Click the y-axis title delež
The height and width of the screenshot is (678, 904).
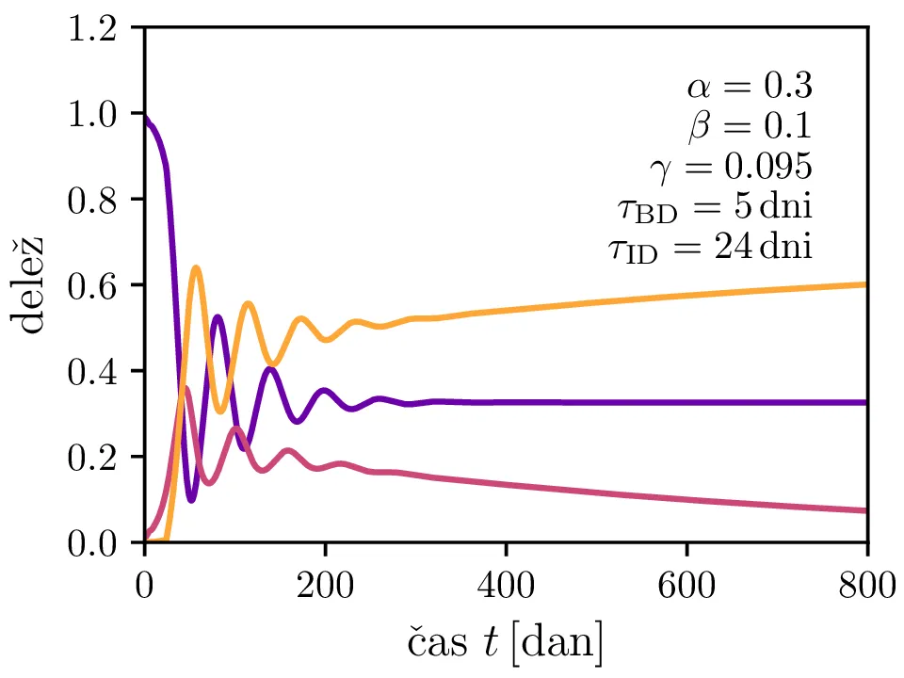32,285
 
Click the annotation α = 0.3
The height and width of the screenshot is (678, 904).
749,87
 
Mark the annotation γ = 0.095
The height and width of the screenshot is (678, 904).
731,168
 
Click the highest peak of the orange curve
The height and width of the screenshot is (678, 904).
196,267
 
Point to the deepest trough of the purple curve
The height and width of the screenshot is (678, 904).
192,500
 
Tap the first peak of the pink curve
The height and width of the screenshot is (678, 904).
186,387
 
